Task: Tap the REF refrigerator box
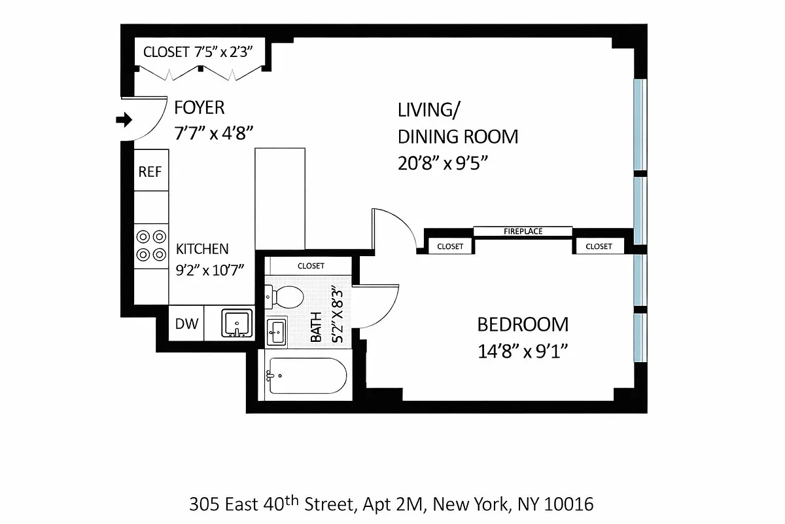(x=150, y=172)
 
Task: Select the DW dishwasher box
(x=186, y=324)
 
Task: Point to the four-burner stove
(x=151, y=245)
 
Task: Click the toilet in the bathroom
(x=286, y=297)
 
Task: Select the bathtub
(x=305, y=376)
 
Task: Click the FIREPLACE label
(x=523, y=231)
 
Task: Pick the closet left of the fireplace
(x=449, y=246)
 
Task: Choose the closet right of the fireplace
(x=599, y=246)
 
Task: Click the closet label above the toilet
(x=311, y=266)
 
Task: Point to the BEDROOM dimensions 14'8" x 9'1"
(x=521, y=352)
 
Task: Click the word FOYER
(x=199, y=107)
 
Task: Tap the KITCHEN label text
(x=202, y=249)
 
